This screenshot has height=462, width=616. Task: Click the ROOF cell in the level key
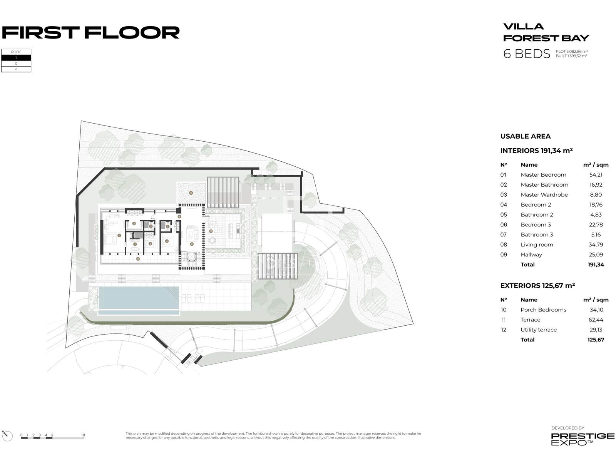(16, 52)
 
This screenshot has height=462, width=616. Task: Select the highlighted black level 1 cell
(16, 58)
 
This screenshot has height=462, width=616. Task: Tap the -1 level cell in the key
(16, 69)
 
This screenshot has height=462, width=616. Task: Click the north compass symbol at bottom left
(7, 435)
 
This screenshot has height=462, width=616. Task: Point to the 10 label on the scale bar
(83, 435)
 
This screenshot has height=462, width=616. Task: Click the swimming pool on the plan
(139, 298)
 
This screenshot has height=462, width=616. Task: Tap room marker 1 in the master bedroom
(119, 235)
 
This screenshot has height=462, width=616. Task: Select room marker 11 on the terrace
(211, 231)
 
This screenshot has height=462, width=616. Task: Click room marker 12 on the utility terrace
(191, 192)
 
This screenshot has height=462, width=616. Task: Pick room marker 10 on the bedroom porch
(138, 259)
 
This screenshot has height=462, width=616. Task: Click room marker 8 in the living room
(192, 244)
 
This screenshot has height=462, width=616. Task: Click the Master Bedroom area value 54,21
(596, 175)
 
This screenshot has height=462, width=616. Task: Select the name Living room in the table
(537, 245)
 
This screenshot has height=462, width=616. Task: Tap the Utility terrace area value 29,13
(596, 330)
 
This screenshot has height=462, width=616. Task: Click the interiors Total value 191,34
(596, 265)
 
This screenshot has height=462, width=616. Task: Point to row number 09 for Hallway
(504, 255)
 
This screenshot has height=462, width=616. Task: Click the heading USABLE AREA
(526, 136)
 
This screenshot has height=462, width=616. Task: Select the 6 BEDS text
(527, 54)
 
